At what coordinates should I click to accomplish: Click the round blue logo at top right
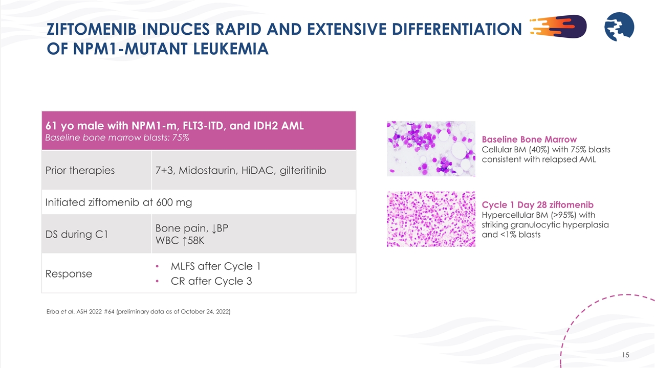619,27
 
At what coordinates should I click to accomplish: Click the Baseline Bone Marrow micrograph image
431,149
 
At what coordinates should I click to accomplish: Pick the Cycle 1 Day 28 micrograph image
431,219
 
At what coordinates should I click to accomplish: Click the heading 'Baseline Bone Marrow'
529,140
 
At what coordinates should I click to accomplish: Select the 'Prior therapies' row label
80,170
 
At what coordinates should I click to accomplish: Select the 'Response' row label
69,273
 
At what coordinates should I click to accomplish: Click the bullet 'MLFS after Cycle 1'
215,266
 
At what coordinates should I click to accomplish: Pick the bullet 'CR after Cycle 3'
211,281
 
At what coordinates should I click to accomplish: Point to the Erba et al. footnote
138,312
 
